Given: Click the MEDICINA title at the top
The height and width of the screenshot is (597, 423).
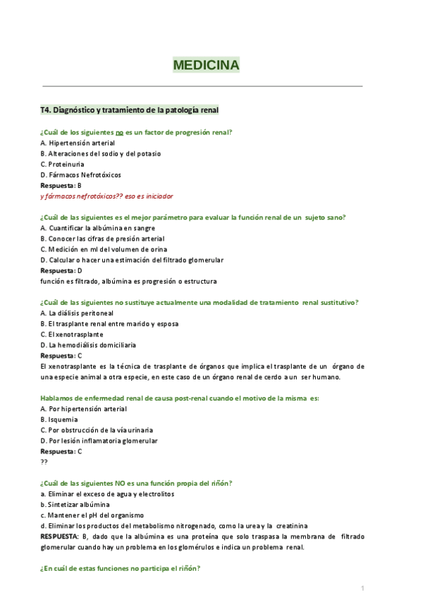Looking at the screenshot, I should pos(206,65).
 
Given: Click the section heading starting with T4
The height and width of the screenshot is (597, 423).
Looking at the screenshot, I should pos(130,110).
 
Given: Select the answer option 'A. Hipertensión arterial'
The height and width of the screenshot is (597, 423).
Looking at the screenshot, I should pos(78,143).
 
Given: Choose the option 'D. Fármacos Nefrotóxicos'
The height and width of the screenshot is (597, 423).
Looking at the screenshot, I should pos(80,175).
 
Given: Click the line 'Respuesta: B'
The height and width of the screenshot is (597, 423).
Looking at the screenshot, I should pos(61,185).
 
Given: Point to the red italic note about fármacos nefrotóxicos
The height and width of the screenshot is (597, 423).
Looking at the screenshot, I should pos(106,196).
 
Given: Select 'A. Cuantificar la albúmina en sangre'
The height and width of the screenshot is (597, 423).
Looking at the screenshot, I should pos(97,228).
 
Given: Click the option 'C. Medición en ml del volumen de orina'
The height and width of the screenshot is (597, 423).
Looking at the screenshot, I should pos(104,249).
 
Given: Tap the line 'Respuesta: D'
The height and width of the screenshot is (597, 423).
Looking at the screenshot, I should pos(61,270).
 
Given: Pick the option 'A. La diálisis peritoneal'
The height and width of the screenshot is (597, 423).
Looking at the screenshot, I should pos(77,313).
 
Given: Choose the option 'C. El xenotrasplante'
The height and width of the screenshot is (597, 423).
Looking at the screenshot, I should pos(72,334).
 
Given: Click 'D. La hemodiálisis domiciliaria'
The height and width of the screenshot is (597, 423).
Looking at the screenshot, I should pos(88,345).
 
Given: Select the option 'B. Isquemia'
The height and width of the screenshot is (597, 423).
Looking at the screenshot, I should pos(59,420).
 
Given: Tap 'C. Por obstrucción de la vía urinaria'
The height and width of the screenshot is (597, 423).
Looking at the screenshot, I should pos(97,430).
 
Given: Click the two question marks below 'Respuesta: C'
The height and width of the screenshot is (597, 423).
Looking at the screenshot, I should pos(44,462).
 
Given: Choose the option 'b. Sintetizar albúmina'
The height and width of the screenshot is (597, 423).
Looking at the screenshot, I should pos(75,505).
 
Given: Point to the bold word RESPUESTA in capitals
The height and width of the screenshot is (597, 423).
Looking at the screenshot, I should pos(60,536).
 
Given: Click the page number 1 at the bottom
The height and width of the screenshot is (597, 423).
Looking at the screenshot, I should pos(362,588).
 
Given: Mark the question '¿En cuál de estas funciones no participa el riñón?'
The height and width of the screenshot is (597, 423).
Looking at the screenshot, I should pos(120,569).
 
